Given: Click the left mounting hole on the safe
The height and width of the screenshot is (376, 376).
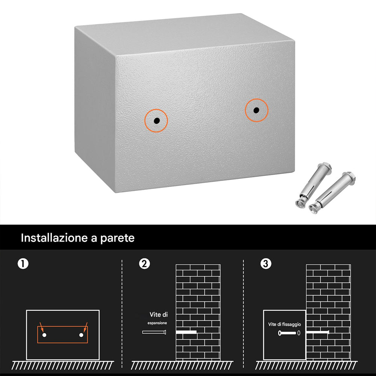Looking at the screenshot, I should tap(156, 121).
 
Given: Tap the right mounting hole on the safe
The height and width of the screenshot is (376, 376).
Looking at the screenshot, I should tap(256, 110).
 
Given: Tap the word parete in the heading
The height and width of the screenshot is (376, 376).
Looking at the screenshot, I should tap(117, 238).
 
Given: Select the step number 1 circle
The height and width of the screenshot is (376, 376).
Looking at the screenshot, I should tap(23, 264).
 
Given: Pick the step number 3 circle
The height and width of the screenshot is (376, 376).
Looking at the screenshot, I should tap(265, 264).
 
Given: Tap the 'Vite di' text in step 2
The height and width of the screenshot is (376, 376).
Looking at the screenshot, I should tap(159, 314).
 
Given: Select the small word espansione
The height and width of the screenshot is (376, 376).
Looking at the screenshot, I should tap(157, 323).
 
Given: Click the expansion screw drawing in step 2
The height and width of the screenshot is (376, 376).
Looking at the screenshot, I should tap(154, 332).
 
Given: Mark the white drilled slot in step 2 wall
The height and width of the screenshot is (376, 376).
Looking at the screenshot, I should tap(186, 332).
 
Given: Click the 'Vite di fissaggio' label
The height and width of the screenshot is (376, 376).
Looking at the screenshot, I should tap(284, 324).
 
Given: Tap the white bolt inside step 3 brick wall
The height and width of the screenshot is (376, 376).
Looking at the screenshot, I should tap(318, 332).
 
